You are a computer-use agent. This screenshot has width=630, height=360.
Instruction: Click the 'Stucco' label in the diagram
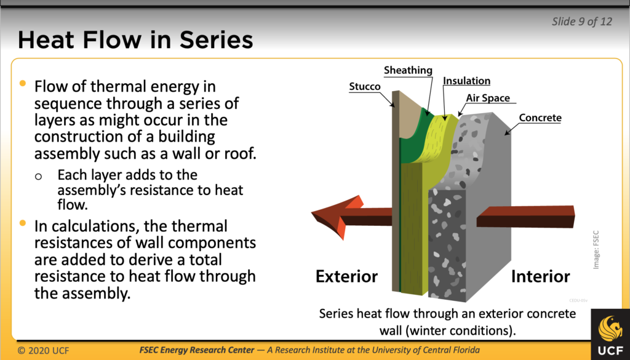point(365,87)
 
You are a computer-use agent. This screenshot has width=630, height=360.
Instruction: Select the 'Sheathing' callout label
point(408,71)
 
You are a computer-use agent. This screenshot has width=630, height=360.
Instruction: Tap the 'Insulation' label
point(466,81)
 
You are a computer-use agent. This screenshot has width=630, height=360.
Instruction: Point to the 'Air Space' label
point(487,98)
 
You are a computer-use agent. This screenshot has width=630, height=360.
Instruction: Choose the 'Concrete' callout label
point(540,118)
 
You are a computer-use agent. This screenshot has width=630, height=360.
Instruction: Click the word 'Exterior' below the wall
point(346,276)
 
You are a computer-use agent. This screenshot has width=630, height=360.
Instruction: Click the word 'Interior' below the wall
point(540,276)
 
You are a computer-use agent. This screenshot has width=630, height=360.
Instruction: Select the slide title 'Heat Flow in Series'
point(135,40)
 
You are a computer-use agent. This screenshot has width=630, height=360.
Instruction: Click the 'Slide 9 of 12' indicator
point(582,22)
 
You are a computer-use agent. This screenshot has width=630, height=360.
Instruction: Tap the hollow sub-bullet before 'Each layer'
point(39,176)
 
